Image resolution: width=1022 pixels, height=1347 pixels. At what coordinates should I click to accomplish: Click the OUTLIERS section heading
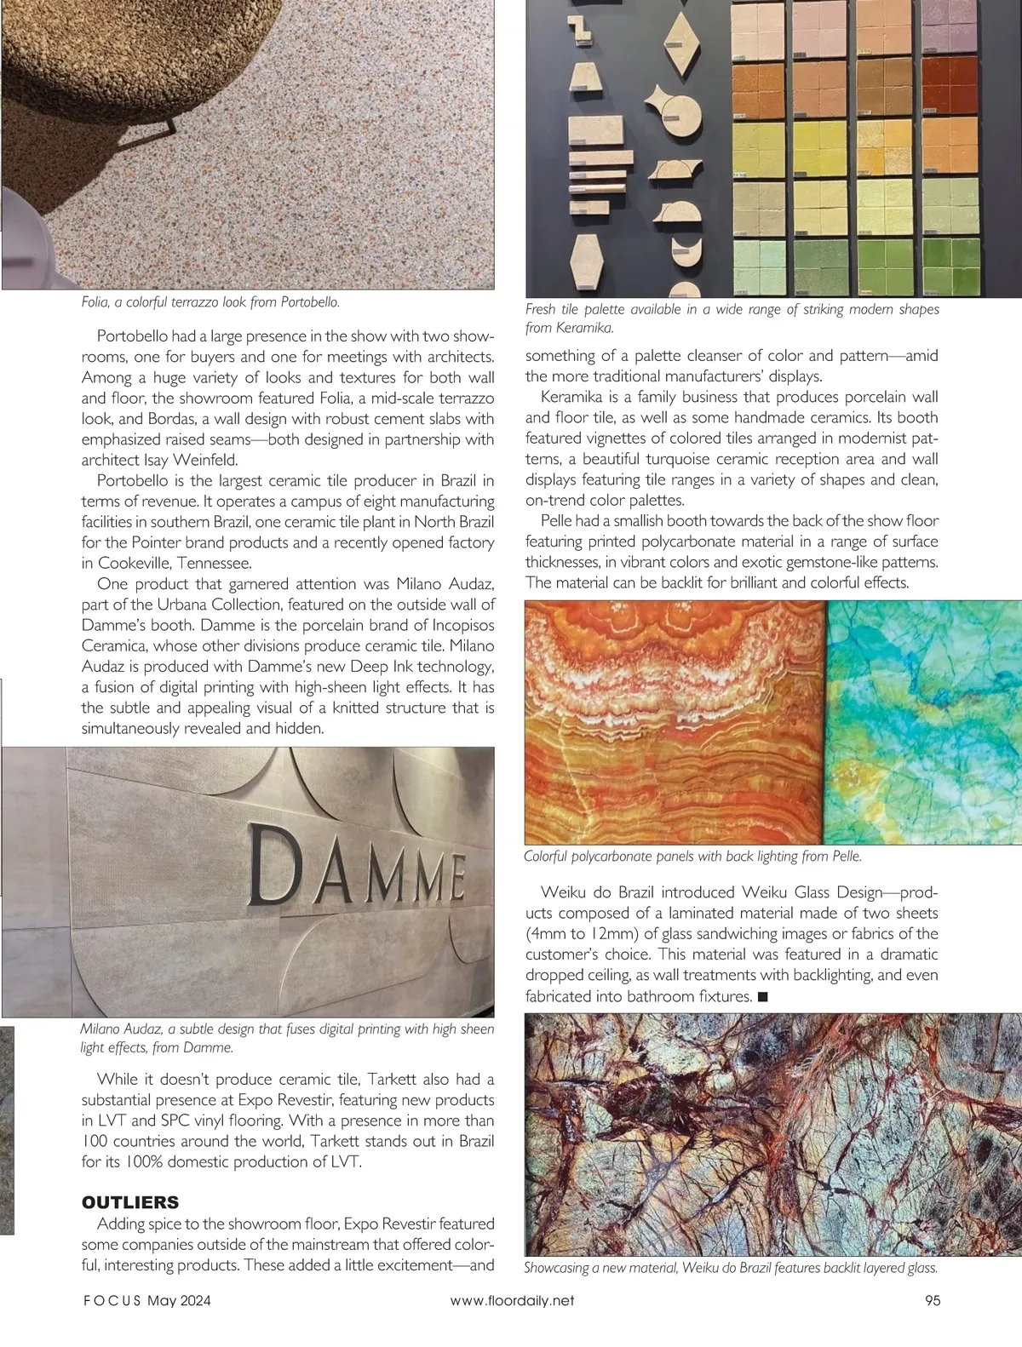click(x=130, y=1202)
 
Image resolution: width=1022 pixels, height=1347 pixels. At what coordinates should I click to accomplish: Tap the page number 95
click(x=932, y=1300)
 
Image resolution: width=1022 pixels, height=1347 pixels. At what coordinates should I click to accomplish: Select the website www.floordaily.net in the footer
click(x=512, y=1300)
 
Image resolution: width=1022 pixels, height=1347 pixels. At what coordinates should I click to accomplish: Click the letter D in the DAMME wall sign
click(x=278, y=865)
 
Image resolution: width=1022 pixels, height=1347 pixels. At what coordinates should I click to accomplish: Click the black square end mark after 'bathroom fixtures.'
click(x=762, y=996)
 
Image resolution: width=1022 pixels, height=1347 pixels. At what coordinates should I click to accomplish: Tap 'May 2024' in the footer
click(x=179, y=1300)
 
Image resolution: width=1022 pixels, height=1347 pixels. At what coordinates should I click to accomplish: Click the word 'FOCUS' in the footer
click(x=112, y=1300)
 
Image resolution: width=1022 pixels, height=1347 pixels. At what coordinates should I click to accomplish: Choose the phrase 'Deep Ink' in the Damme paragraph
click(x=361, y=666)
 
